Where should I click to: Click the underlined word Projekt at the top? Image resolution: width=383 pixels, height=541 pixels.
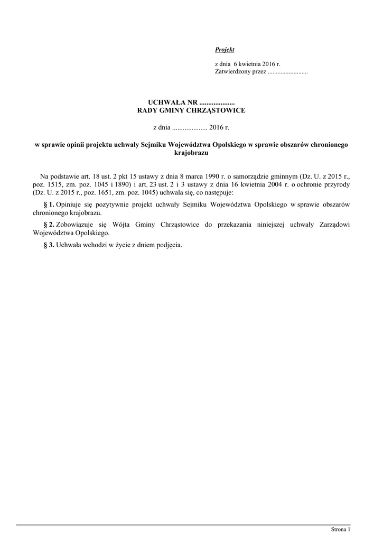click(x=225, y=50)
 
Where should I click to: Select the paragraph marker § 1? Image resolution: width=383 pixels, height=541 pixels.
click(x=49, y=204)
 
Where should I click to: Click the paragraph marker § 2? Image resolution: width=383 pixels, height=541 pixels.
click(x=49, y=225)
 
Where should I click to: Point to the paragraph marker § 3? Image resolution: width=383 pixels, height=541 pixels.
click(x=49, y=245)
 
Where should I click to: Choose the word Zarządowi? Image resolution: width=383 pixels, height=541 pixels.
click(x=332, y=225)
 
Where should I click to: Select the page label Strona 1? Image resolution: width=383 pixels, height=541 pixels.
click(x=340, y=529)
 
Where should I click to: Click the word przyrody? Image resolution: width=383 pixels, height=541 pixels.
click(x=337, y=184)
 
